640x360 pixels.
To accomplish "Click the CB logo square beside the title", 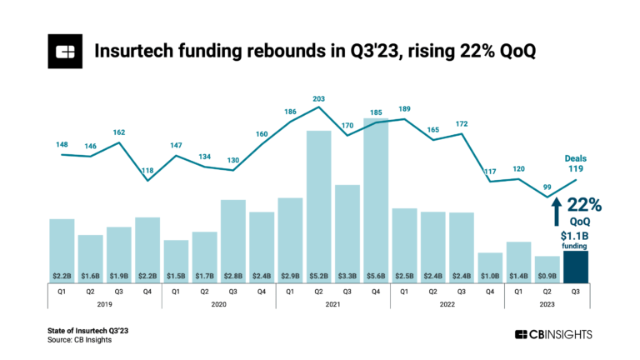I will [64, 52].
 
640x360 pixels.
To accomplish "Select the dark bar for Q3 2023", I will [577, 267].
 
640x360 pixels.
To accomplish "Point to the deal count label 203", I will [318, 97].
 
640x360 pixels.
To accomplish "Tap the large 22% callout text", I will [585, 206].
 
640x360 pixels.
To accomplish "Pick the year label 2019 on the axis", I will [105, 304].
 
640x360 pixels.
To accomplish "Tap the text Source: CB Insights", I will [79, 340].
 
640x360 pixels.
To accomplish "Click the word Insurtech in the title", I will [137, 52].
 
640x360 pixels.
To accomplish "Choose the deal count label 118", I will [147, 171].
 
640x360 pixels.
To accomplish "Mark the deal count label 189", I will [404, 109].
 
